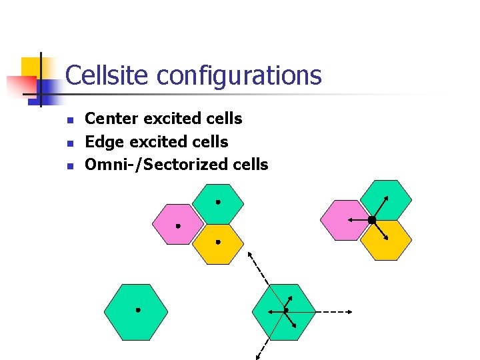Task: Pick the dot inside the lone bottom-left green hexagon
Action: click(x=138, y=310)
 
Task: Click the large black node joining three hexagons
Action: click(x=372, y=219)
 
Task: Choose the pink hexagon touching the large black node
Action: click(x=343, y=219)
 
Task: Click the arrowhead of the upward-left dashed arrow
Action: click(x=249, y=254)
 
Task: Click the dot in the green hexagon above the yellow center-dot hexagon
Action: click(x=217, y=201)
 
